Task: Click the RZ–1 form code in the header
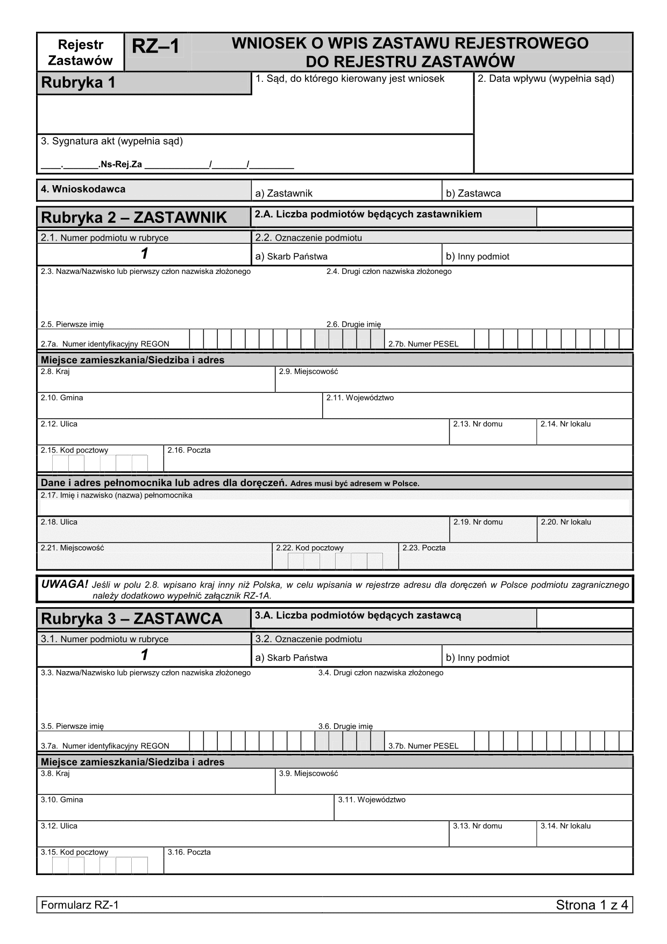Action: pos(155,47)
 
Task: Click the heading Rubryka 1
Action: pos(78,83)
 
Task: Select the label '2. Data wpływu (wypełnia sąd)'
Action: pos(546,79)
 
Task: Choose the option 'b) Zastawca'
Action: pos(473,193)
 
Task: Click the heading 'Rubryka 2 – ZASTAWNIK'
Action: pos(134,218)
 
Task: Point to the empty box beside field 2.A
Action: pos(584,217)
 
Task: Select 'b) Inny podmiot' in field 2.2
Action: pos(478,256)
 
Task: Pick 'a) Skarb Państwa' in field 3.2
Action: pos(291,658)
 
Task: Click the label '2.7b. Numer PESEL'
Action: pos(423,344)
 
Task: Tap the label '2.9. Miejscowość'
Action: pos(308,371)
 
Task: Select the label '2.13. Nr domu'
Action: pos(478,424)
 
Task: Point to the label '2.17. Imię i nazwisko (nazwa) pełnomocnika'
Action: pos(116,495)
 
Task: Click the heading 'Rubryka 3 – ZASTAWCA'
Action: pos(132,619)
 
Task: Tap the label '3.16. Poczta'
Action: pos(189,852)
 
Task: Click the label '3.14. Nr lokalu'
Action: pos(565,826)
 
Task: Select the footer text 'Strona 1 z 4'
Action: pos(592,905)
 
